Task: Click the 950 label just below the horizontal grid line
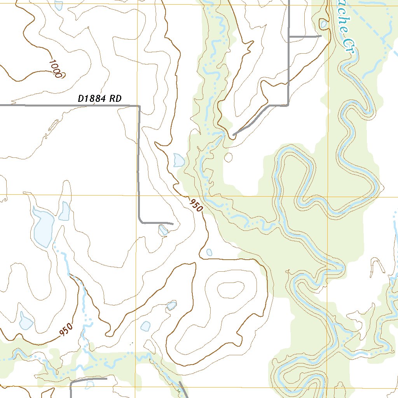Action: [x=196, y=205]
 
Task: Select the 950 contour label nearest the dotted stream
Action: [x=66, y=330]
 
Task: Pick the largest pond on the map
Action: [x=43, y=230]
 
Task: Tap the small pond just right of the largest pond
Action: [x=64, y=211]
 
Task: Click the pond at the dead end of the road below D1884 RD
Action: [x=163, y=230]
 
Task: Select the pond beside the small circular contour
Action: [x=179, y=159]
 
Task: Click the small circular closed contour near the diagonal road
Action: [x=229, y=157]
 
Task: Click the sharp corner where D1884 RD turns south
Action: [x=139, y=106]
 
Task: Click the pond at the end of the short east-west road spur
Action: [x=324, y=24]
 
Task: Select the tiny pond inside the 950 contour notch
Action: [x=209, y=252]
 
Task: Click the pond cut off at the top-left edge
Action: [x=58, y=5]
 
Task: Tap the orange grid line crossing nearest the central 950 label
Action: [x=137, y=196]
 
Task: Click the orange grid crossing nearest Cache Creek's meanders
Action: [x=327, y=197]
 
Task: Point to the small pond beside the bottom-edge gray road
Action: [x=90, y=385]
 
